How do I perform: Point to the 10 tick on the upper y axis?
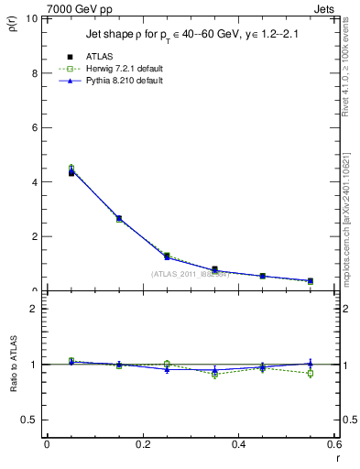(32, 18)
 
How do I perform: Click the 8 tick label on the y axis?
(35, 73)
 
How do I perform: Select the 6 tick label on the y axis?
(35, 127)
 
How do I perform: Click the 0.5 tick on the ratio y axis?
(30, 420)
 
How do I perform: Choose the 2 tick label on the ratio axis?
(35, 309)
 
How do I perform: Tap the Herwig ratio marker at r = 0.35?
(214, 374)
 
